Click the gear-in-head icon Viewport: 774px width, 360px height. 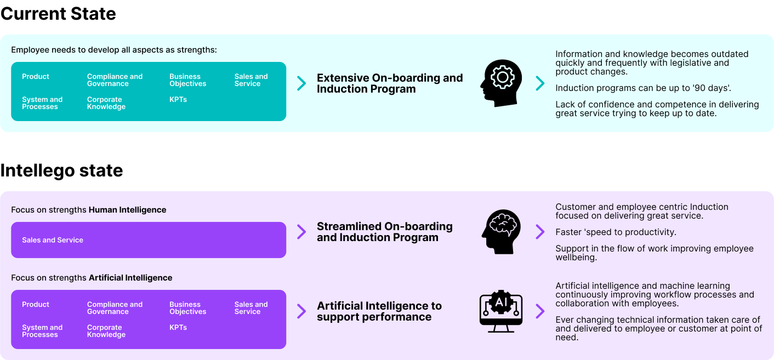[501, 83]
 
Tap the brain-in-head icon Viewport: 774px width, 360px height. [501, 231]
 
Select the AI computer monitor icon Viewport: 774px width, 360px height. [501, 311]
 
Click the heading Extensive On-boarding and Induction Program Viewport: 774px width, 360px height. [390, 83]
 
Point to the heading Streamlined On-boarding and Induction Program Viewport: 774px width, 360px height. [385, 232]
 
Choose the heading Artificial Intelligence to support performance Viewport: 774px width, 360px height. [379, 311]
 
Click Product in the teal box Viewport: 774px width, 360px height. [36, 77]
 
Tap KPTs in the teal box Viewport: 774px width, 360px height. [178, 100]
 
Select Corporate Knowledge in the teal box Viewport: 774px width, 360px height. [106, 103]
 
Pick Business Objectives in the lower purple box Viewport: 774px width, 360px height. [187, 308]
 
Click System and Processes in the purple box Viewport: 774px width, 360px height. [42, 331]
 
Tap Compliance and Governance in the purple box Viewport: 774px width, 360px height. [115, 308]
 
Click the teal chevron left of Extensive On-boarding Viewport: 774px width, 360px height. [301, 83]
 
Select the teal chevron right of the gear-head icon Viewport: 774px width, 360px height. [540, 83]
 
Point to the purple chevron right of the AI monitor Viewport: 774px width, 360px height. [540, 311]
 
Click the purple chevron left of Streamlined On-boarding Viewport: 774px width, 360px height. [301, 232]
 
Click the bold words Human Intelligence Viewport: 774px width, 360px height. [127, 210]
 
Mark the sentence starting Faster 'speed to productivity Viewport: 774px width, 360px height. [616, 232]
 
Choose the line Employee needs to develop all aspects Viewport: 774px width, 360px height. [114, 50]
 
